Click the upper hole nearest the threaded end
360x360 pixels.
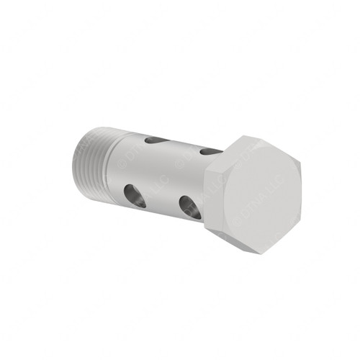(157, 140)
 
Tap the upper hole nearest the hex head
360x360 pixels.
(210, 152)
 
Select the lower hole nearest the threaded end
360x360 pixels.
(134, 195)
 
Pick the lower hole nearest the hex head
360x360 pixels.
(190, 207)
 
